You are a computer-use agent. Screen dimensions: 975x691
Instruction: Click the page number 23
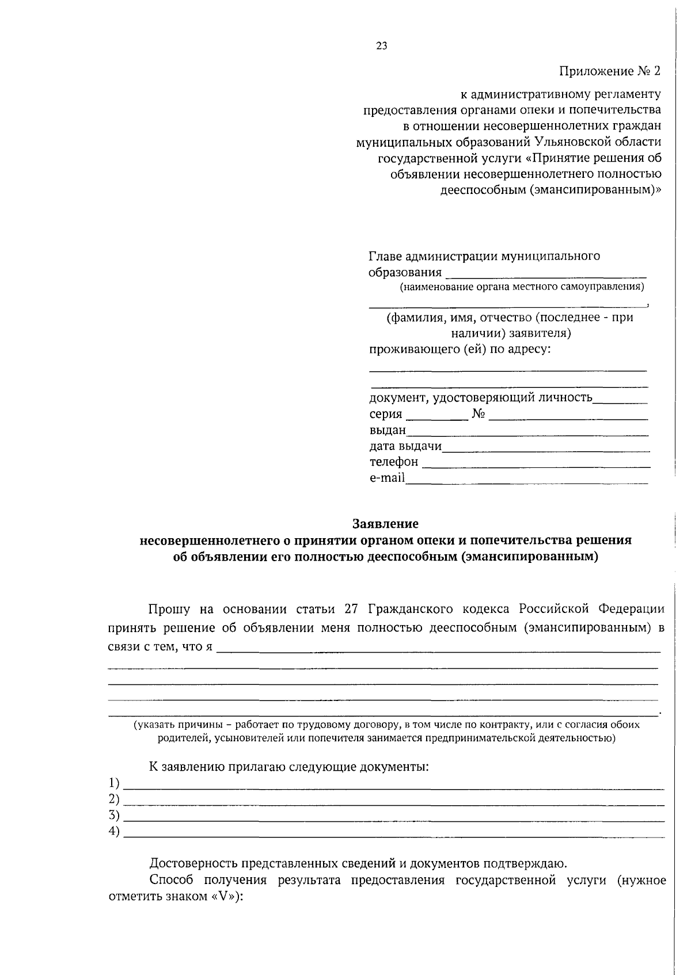(x=381, y=47)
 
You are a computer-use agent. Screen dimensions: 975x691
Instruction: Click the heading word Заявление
(x=385, y=524)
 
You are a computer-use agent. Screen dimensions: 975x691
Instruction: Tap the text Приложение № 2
(x=610, y=71)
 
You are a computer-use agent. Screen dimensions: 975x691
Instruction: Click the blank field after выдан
(x=527, y=433)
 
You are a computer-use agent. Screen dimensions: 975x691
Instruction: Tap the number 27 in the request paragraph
(x=352, y=609)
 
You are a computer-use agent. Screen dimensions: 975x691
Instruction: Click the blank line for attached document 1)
(x=394, y=786)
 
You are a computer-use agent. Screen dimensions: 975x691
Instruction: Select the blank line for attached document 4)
(x=394, y=835)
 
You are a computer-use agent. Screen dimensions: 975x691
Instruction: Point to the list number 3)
(x=114, y=815)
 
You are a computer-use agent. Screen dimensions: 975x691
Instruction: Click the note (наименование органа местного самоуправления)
(x=522, y=287)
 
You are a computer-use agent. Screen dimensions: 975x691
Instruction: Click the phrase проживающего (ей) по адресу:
(x=460, y=349)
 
